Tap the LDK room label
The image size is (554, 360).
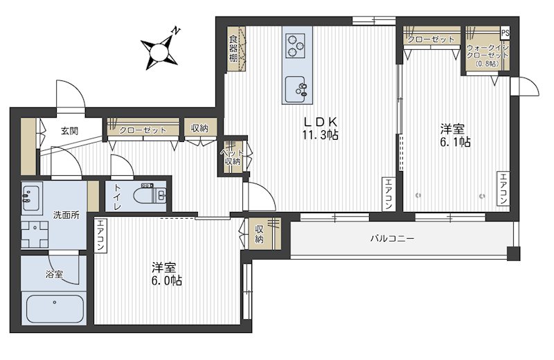point(321,122)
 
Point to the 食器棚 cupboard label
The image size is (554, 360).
point(233,48)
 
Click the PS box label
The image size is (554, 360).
point(506,33)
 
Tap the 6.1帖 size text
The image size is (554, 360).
point(455,142)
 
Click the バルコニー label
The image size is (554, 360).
point(392,238)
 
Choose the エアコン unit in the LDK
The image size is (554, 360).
point(388,194)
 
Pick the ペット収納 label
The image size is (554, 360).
point(232,157)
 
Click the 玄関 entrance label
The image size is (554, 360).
point(69,131)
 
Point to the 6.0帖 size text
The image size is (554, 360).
point(167,281)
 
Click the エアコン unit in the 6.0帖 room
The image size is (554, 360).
point(100,235)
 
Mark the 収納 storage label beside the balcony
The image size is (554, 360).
point(259,234)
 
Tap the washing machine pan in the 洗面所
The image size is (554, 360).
point(35,234)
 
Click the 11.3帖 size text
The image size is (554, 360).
point(320,135)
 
